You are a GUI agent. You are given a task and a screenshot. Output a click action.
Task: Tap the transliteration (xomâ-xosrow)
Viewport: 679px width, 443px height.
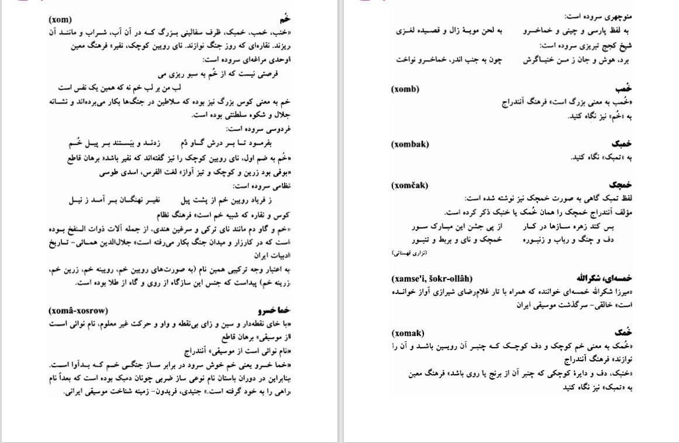[x=78, y=310]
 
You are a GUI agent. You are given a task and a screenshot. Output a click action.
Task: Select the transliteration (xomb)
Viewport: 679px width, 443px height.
[x=405, y=89]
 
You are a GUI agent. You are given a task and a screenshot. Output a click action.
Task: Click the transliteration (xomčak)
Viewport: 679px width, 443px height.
[x=410, y=185]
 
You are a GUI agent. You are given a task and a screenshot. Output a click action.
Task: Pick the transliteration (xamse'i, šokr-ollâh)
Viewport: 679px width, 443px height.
[x=432, y=278]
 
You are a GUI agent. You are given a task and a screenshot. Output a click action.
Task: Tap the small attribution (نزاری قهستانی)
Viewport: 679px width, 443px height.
[x=411, y=253]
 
